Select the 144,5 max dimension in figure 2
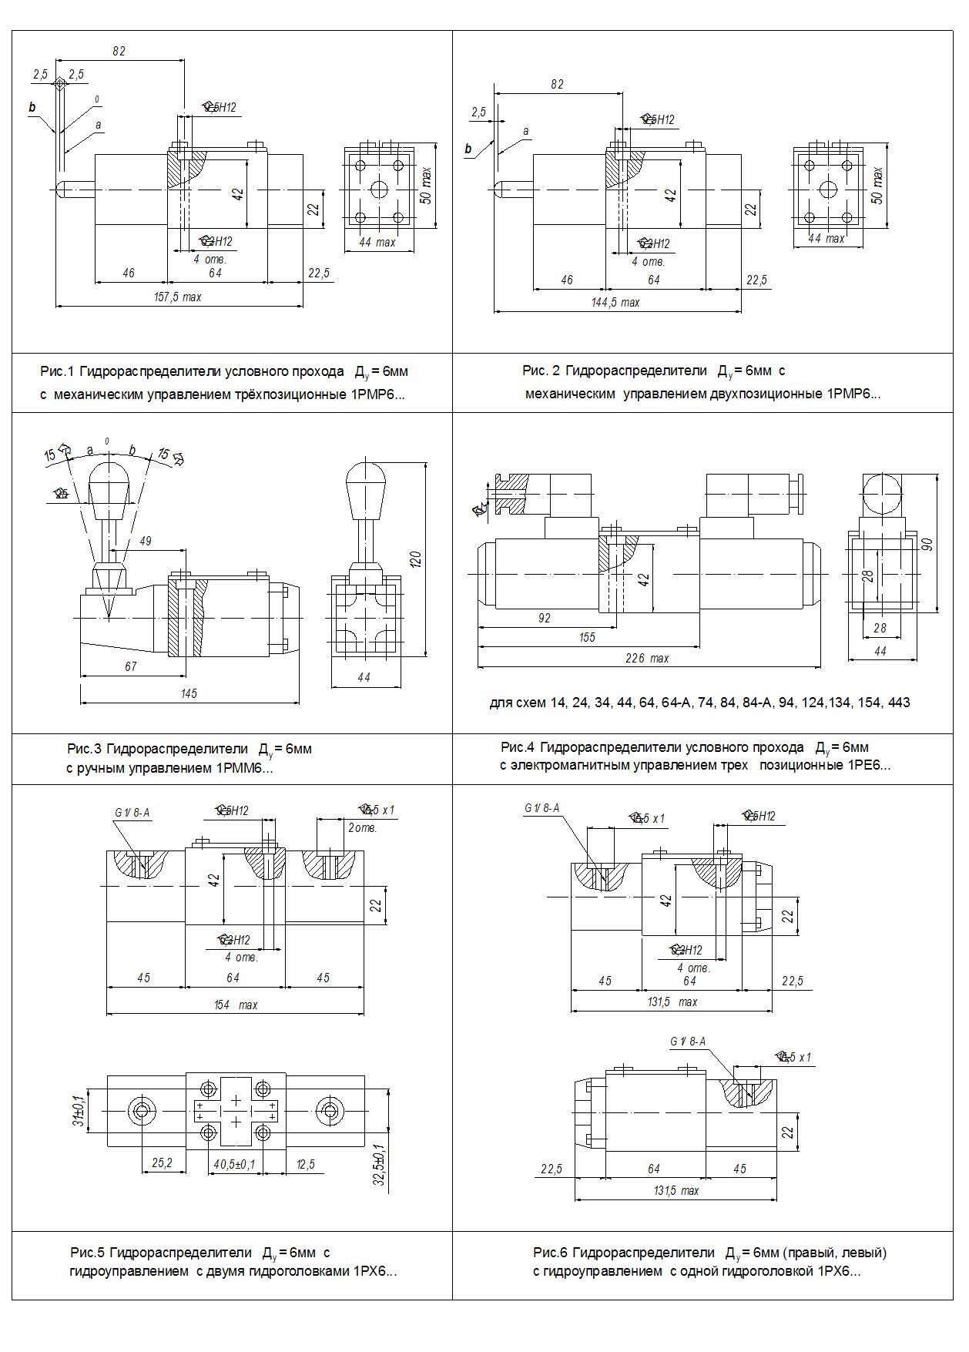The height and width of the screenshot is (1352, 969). click(x=615, y=303)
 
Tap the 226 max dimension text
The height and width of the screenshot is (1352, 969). click(x=647, y=658)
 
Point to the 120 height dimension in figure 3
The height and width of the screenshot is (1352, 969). click(x=416, y=559)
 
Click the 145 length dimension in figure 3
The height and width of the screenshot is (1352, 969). click(x=189, y=693)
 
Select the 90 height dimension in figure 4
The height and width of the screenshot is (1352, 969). click(x=927, y=543)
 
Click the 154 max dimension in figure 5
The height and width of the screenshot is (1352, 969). click(x=235, y=1005)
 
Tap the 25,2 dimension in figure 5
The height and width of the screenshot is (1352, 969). click(x=162, y=1163)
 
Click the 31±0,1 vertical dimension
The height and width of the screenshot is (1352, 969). click(x=78, y=1110)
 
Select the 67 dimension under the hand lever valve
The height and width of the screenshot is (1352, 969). click(x=130, y=666)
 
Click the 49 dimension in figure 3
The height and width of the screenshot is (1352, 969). click(x=145, y=541)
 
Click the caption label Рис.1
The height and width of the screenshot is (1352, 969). click(x=56, y=372)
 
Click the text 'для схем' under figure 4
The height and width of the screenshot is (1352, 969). click(x=518, y=703)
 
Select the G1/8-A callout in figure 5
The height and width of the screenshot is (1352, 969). click(x=132, y=812)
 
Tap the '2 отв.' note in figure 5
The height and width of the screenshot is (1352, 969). click(x=362, y=828)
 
